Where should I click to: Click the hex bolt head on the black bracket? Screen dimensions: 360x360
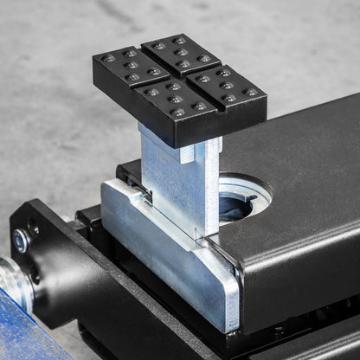pos(21,241)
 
